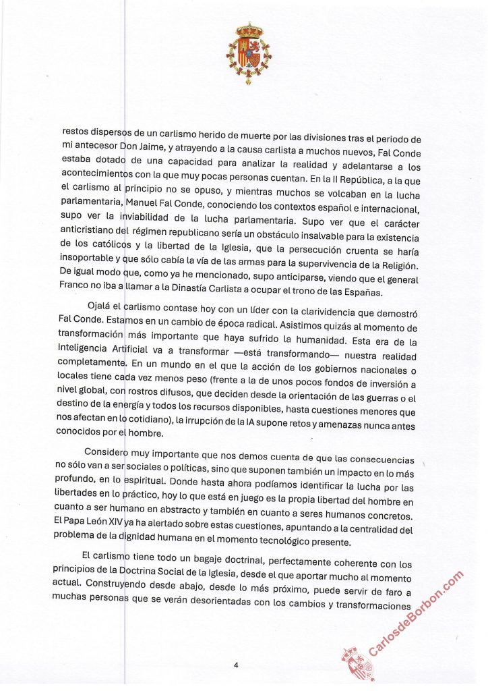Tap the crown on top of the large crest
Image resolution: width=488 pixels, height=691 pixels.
[248, 30]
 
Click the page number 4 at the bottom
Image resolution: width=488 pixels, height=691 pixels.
[236, 665]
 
